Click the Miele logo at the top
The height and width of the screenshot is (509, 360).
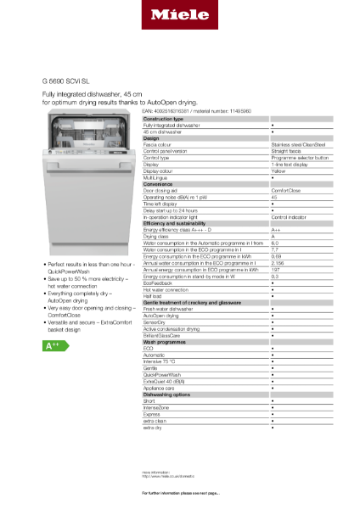tap(179, 14)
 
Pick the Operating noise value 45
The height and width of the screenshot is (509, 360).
tap(273, 196)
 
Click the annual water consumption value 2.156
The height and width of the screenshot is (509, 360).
tap(278, 263)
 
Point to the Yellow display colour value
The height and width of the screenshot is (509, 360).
tap(278, 171)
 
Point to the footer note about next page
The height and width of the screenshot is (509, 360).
tap(180, 493)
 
